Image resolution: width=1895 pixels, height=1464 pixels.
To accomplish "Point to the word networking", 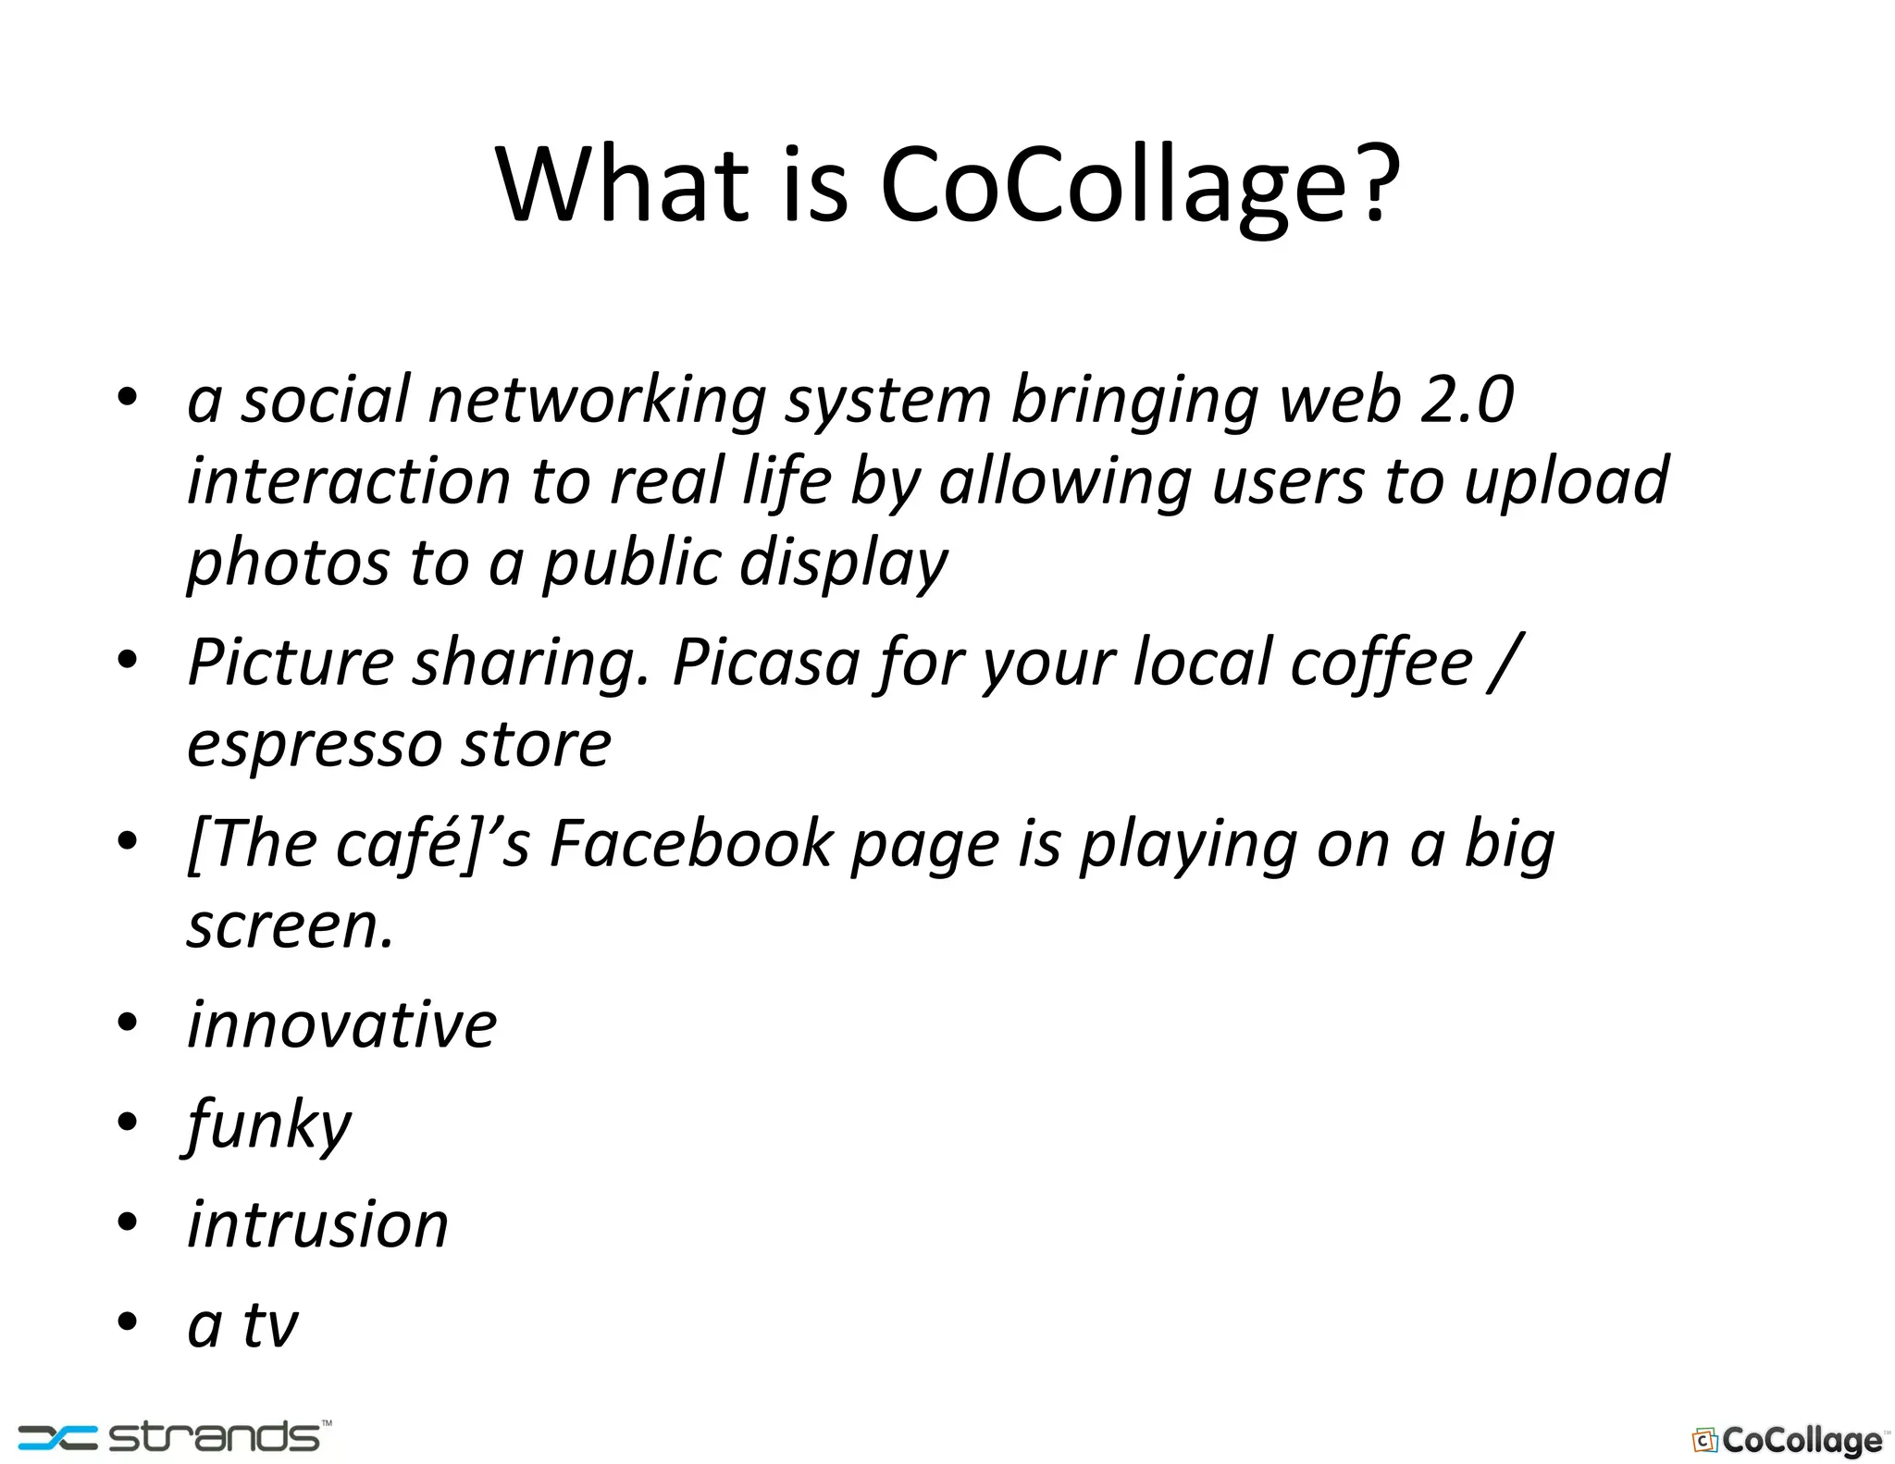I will point(597,400).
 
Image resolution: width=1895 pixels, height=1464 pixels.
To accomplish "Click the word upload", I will point(1567,481).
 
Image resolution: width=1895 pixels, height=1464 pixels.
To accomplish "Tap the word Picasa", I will point(766,663).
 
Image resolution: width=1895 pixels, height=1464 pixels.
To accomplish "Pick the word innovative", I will point(341,1025).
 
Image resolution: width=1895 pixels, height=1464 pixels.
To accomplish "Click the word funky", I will point(268,1125).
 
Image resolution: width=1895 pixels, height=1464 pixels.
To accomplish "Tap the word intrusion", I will point(317,1225).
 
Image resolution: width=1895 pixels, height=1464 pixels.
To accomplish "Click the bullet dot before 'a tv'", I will point(128,1321).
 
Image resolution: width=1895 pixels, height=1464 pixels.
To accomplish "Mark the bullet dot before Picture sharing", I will point(128,660).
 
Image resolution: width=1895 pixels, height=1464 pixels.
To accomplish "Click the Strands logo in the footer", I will point(175,1436).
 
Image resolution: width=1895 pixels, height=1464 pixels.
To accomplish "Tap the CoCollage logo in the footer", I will point(1788,1440).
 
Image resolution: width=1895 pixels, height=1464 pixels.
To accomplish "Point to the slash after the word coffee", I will point(1504,663).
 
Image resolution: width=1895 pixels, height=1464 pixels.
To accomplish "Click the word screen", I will point(290,925).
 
